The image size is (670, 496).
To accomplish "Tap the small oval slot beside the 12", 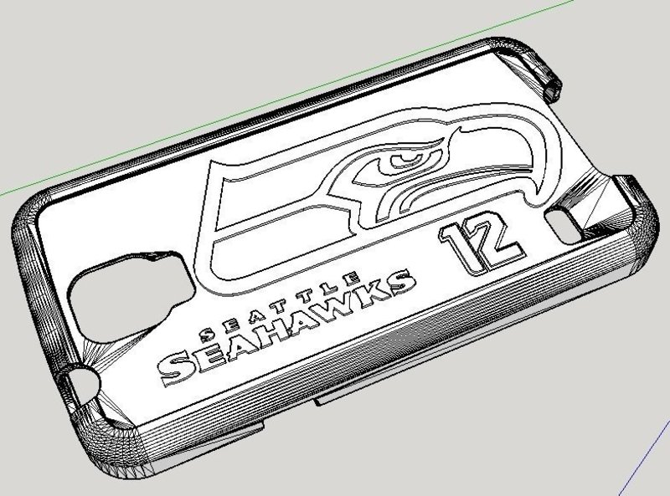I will pyautogui.click(x=557, y=219).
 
